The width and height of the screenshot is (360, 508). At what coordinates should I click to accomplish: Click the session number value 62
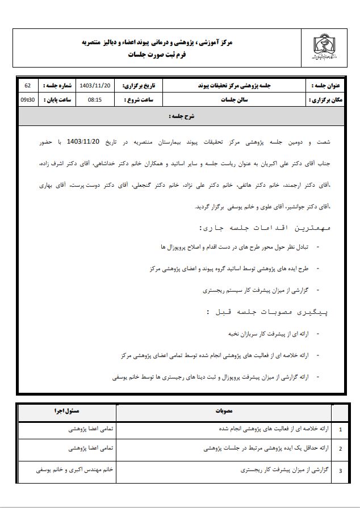tap(27, 85)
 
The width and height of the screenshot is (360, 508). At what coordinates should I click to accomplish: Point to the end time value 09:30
tap(27, 99)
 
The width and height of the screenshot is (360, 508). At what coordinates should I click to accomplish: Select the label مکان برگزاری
tap(323, 99)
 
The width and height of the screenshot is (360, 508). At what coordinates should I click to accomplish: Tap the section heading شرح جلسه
tap(181, 116)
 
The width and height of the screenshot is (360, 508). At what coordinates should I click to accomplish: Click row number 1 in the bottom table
tap(340, 430)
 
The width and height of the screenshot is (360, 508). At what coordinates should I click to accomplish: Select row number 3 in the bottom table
tap(340, 471)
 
